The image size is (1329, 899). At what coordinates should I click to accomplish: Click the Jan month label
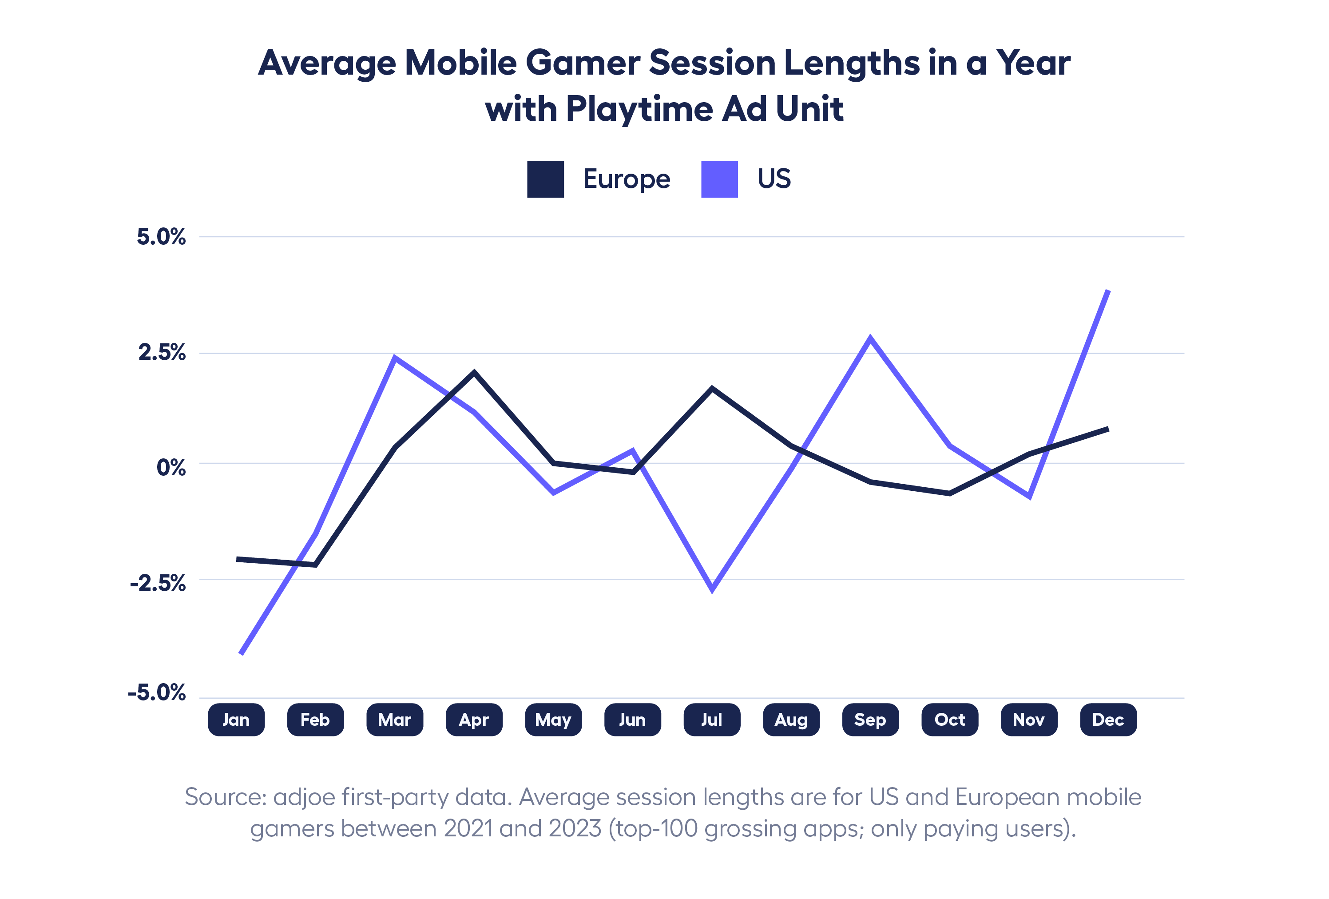pyautogui.click(x=236, y=720)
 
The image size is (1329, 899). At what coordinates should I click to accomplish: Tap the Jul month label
pyautogui.click(x=712, y=720)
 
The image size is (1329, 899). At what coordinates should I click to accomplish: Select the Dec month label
pyautogui.click(x=1108, y=720)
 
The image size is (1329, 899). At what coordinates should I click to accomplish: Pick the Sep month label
pyautogui.click(x=870, y=720)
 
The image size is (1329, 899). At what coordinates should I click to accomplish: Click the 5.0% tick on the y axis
pyautogui.click(x=161, y=237)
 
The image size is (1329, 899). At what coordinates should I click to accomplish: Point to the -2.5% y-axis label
pyautogui.click(x=158, y=583)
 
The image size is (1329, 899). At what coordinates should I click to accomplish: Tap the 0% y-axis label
pyautogui.click(x=171, y=468)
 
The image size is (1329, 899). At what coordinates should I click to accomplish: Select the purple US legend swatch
pyautogui.click(x=719, y=179)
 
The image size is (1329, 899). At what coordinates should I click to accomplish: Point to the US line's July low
pyautogui.click(x=712, y=589)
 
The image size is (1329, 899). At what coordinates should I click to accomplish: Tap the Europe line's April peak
pyautogui.click(x=474, y=373)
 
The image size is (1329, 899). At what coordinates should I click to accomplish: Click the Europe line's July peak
pyautogui.click(x=712, y=389)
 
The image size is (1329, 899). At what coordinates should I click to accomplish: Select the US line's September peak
pyautogui.click(x=870, y=338)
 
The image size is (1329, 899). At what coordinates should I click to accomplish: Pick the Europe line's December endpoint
pyautogui.click(x=1108, y=429)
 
